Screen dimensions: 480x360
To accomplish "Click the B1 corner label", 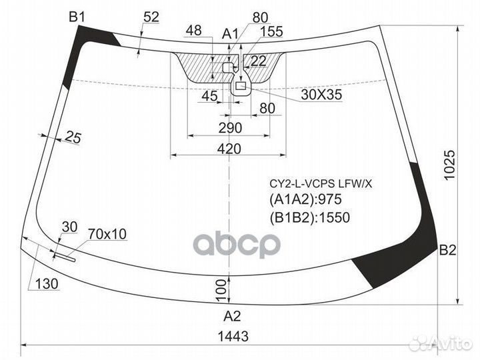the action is tap(77, 17).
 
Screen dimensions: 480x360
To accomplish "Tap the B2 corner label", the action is tap(447, 250).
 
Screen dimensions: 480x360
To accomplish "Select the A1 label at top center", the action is tap(230, 34).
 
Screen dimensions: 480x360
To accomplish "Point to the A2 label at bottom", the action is tap(233, 316).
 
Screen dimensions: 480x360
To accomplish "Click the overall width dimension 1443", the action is tap(233, 336).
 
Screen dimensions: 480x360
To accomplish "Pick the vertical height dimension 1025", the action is tap(450, 165).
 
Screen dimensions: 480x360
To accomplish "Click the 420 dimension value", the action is tap(229, 149).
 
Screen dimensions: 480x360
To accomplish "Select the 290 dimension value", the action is tap(230, 127).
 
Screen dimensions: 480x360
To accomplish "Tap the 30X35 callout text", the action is tap(321, 95).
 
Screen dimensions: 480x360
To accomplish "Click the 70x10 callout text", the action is tap(107, 234).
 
